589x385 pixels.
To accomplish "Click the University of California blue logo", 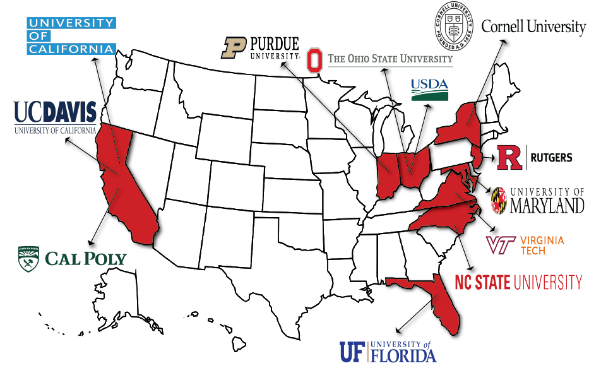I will [x=71, y=36].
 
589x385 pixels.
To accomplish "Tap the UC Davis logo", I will [x=56, y=117].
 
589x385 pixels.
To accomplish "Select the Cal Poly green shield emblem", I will [x=28, y=259].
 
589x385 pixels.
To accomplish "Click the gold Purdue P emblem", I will [x=232, y=48].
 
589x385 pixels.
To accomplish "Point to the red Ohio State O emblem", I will [x=314, y=60].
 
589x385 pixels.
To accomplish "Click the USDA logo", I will [x=429, y=90].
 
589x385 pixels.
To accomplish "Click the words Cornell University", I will [x=533, y=27].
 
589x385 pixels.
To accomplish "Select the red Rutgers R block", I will [x=509, y=158].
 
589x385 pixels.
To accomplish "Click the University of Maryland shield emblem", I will [x=498, y=200].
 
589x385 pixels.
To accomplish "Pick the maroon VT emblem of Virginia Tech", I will [x=501, y=245].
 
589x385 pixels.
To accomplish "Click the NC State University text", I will [x=518, y=281].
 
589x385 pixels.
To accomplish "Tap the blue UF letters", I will [x=352, y=352].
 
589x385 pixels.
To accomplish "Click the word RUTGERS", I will [x=550, y=158].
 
